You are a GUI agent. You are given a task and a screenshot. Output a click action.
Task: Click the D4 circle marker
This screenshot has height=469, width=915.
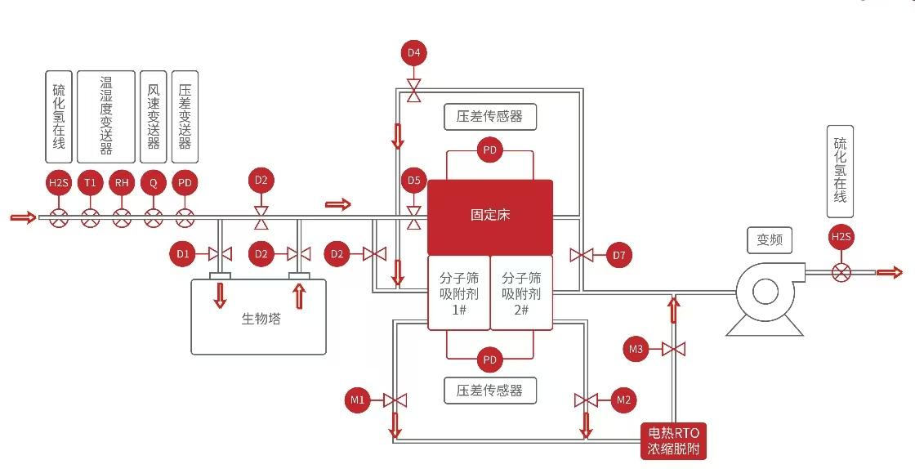click(x=414, y=54)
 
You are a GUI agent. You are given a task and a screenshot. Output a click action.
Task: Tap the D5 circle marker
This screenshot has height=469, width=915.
click(x=414, y=180)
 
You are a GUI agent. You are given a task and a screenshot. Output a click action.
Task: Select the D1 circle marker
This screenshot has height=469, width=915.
click(x=183, y=254)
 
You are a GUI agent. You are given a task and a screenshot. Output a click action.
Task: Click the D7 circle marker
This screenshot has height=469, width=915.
click(x=619, y=255)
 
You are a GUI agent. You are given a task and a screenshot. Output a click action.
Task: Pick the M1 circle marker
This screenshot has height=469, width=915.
click(x=358, y=400)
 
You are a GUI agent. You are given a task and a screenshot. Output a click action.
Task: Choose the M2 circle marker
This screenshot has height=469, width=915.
click(x=623, y=400)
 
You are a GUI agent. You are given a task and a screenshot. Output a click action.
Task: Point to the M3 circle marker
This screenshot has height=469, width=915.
click(x=636, y=350)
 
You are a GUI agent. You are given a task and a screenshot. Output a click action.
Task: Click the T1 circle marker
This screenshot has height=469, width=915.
click(x=91, y=182)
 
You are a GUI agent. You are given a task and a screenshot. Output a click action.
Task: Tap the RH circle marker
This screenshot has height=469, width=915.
click(x=122, y=182)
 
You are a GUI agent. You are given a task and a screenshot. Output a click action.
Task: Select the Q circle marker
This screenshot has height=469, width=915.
click(x=153, y=182)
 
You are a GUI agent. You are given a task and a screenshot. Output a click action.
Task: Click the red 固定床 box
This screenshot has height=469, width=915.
click(x=490, y=217)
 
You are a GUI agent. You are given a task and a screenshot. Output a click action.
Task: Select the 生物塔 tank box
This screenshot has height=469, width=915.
click(x=258, y=317)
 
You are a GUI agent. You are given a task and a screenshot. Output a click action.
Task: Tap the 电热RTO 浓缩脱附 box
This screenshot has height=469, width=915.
click(x=673, y=441)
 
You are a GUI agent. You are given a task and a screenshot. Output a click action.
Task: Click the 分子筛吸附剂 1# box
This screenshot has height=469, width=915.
click(x=458, y=293)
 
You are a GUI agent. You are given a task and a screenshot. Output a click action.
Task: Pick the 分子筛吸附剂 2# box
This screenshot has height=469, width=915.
click(x=521, y=293)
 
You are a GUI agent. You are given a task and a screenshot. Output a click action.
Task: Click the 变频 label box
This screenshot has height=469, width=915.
click(x=770, y=240)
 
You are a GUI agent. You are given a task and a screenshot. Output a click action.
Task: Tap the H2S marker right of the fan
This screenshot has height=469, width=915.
click(x=841, y=238)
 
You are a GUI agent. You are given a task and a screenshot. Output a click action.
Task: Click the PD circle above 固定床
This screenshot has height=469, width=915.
click(x=490, y=150)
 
